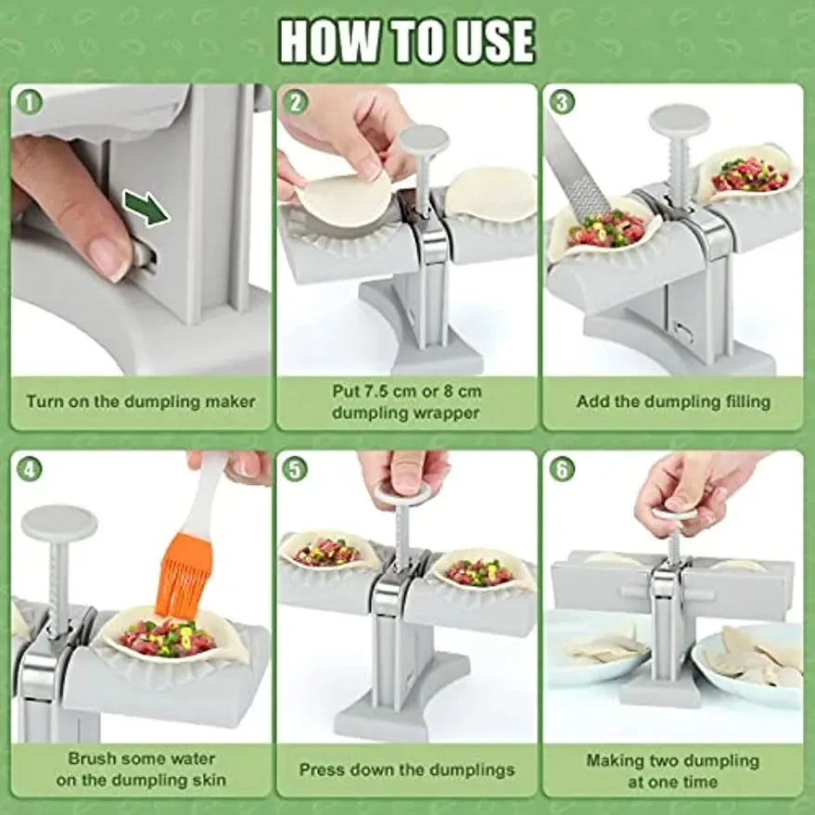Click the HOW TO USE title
click(x=407, y=42)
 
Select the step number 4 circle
click(x=30, y=469)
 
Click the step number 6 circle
click(x=562, y=469)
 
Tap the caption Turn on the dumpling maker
click(x=141, y=402)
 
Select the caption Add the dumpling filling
click(x=673, y=402)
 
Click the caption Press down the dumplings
click(x=407, y=770)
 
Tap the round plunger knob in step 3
click(x=679, y=121)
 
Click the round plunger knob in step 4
click(x=59, y=524)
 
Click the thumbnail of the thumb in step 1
click(x=111, y=256)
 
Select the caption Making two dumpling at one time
click(x=673, y=770)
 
